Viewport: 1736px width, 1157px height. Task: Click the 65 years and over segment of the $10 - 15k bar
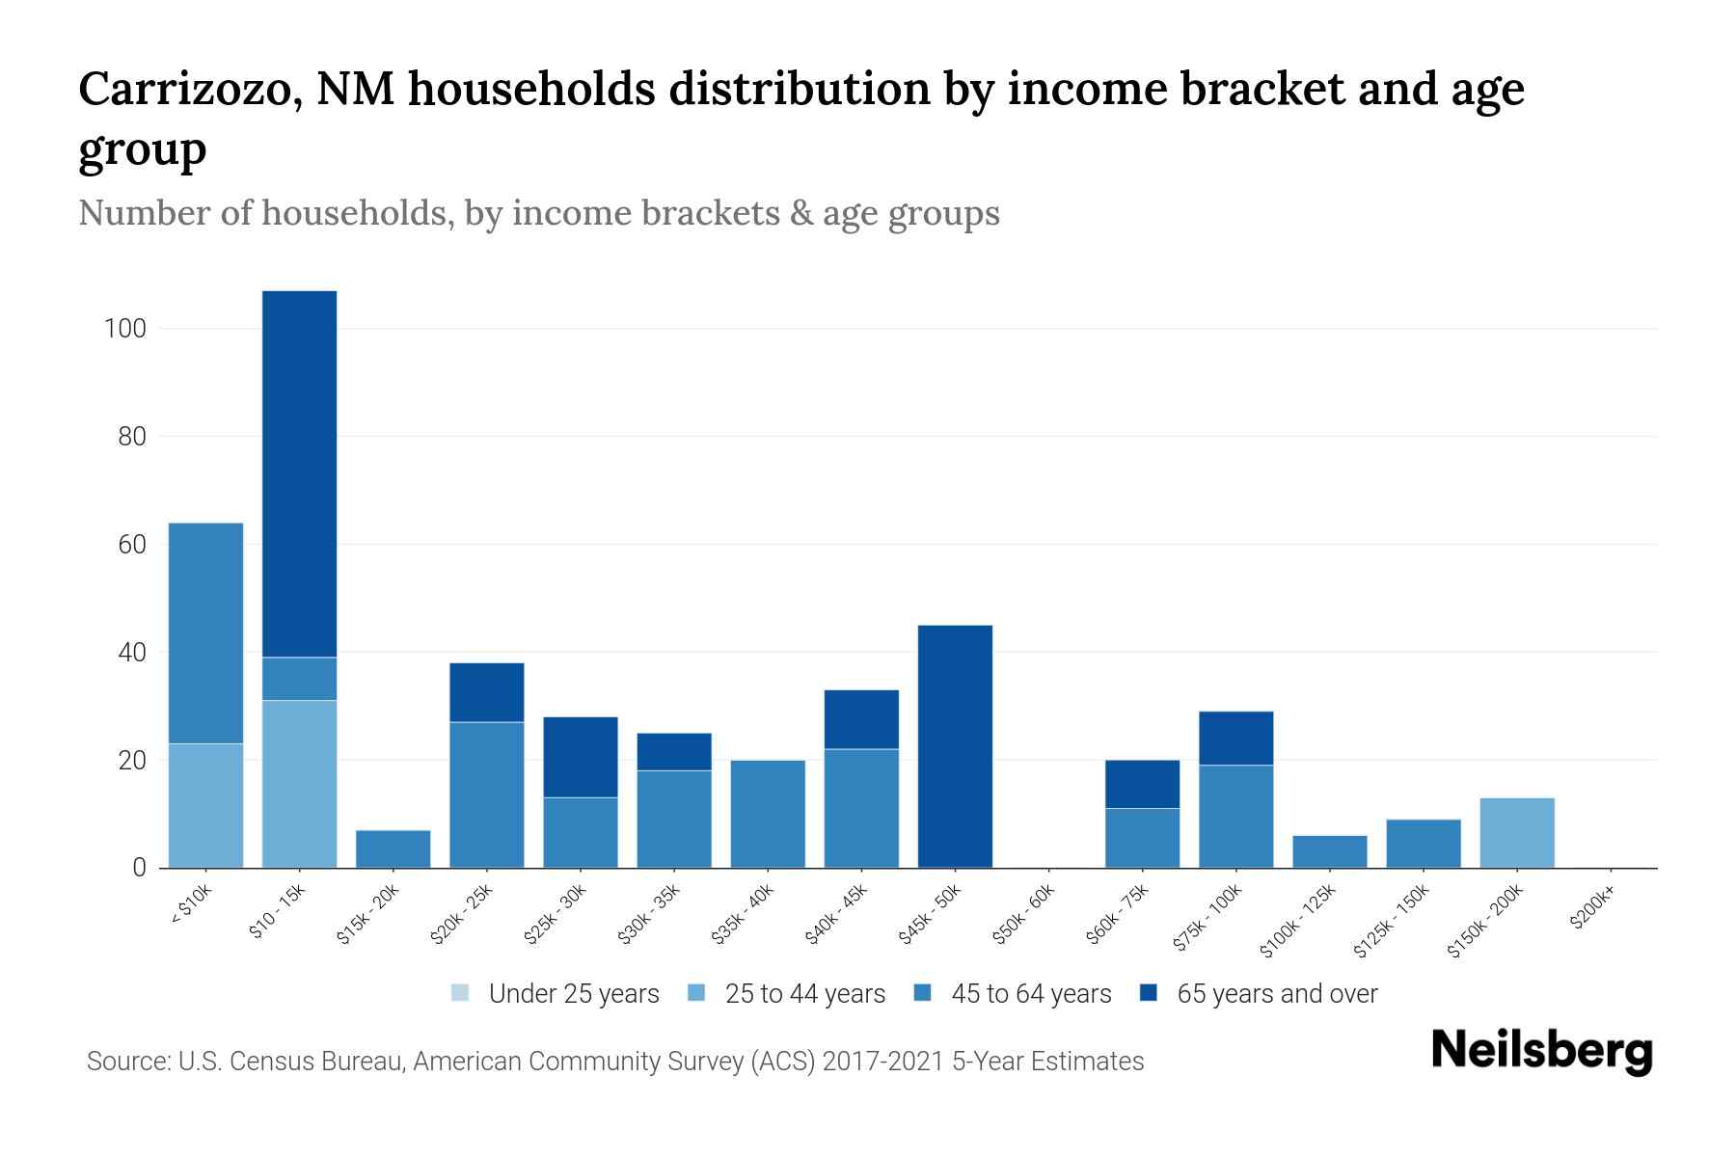tap(300, 472)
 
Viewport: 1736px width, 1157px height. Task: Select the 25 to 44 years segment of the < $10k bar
tap(205, 805)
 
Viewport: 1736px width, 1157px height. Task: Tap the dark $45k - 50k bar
tap(955, 746)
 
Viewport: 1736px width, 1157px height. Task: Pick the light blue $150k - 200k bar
tap(1517, 833)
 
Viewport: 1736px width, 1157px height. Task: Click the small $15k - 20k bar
tap(393, 848)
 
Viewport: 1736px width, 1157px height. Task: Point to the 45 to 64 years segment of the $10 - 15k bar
tap(300, 679)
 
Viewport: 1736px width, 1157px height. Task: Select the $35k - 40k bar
tap(768, 814)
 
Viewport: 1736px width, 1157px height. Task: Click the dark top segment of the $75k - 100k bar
tap(1236, 739)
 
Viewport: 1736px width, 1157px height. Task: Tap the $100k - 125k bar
tap(1330, 851)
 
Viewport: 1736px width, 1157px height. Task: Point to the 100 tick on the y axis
tap(124, 329)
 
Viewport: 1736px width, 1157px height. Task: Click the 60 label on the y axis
tap(131, 545)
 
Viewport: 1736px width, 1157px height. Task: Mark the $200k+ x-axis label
tap(1592, 908)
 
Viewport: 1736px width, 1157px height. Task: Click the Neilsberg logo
tap(1541, 1051)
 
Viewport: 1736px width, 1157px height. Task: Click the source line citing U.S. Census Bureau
tap(615, 1062)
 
